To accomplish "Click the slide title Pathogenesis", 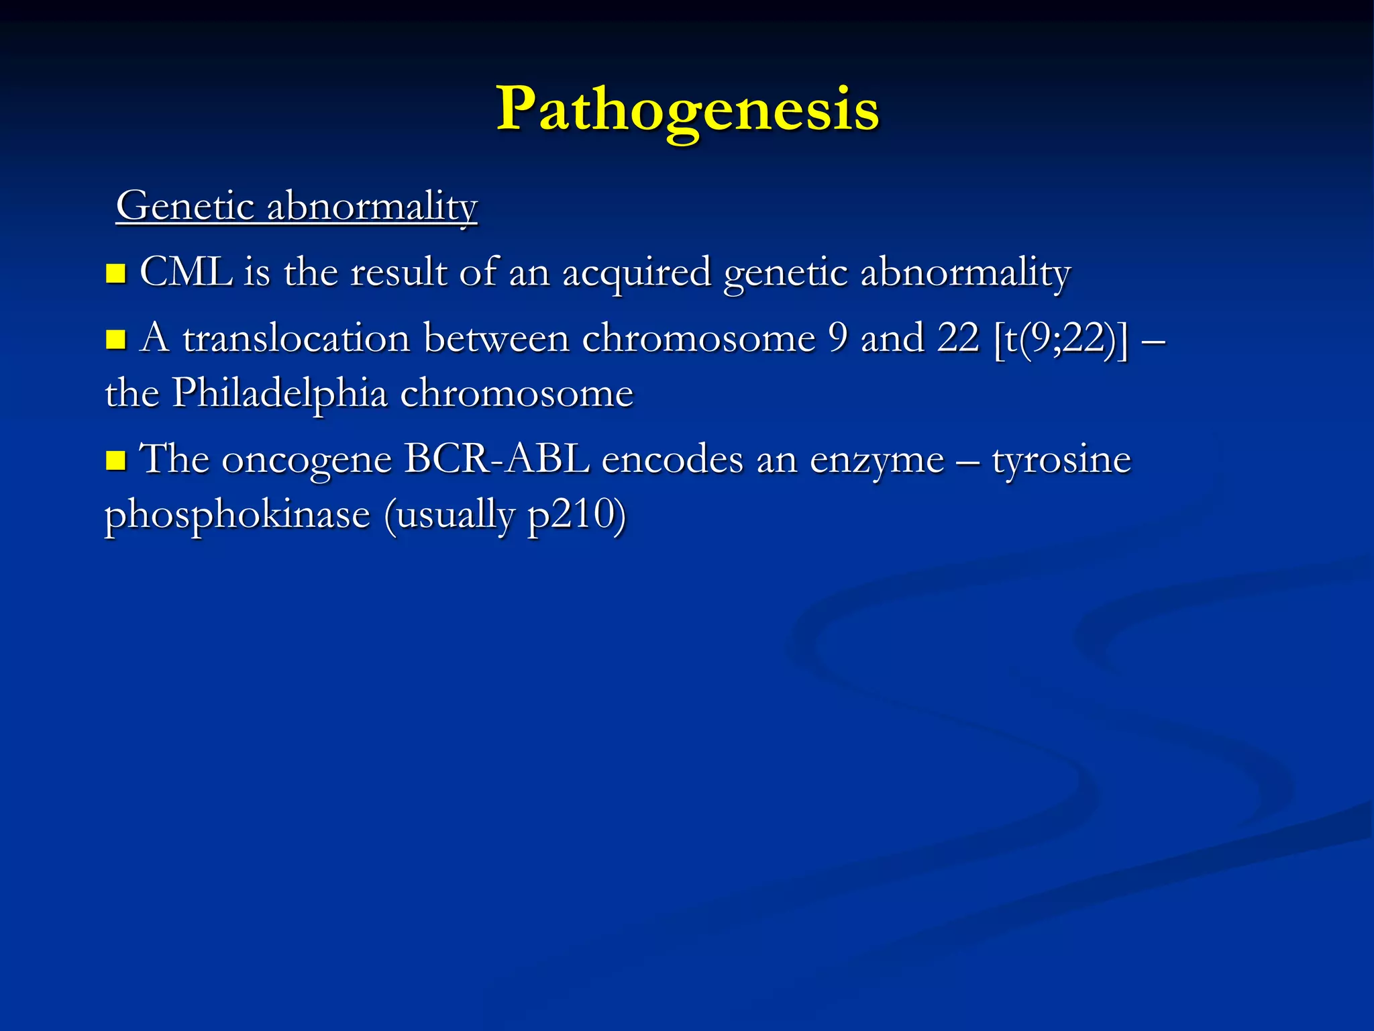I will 687,109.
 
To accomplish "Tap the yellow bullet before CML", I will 116,274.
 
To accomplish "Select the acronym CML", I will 186,273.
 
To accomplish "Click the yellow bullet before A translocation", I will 116,339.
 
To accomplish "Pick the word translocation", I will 296,338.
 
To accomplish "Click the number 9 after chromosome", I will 838,338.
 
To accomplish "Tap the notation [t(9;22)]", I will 1061,338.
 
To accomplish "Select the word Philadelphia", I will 280,393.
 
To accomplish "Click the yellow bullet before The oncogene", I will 116,460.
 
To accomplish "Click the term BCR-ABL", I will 496,460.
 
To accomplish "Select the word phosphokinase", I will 237,515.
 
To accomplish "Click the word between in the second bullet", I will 496,338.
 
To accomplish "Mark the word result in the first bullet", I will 399,273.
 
